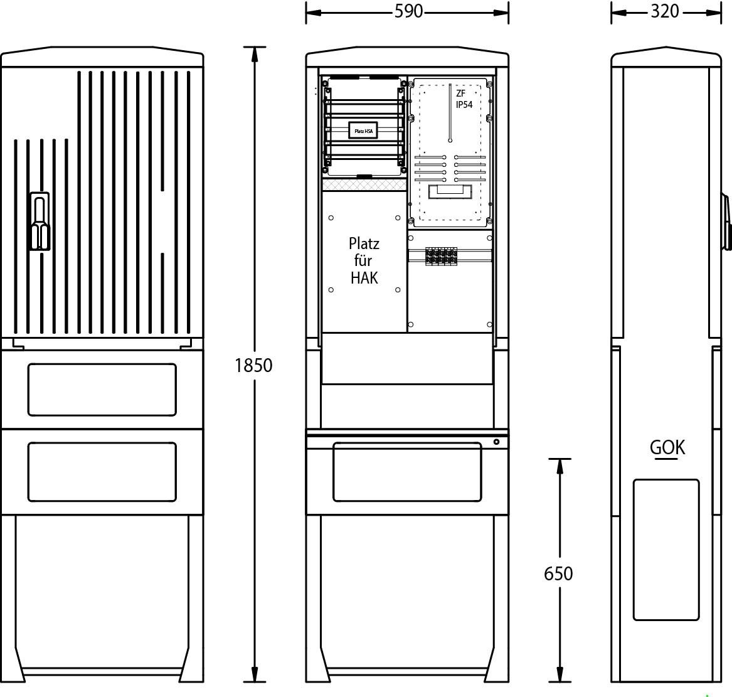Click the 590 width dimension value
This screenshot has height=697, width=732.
pyautogui.click(x=408, y=11)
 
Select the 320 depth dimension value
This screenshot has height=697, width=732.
pyautogui.click(x=665, y=11)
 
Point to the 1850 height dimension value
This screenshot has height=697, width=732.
pyautogui.click(x=253, y=365)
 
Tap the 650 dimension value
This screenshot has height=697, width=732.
pyautogui.click(x=558, y=573)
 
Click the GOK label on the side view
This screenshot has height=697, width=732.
pyautogui.click(x=667, y=447)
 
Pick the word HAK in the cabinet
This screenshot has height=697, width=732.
pyautogui.click(x=364, y=279)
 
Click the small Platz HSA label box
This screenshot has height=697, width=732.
pyautogui.click(x=363, y=130)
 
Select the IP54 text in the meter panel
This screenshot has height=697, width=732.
pyautogui.click(x=464, y=105)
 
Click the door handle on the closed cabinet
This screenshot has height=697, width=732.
pyautogui.click(x=40, y=221)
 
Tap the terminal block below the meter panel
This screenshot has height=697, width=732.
pyautogui.click(x=441, y=257)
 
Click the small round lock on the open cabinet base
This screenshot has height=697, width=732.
pyautogui.click(x=496, y=442)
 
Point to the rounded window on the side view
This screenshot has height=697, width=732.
pyautogui.click(x=666, y=550)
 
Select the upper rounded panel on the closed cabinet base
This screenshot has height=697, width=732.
pyautogui.click(x=102, y=390)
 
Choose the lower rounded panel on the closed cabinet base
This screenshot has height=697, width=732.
pyautogui.click(x=102, y=472)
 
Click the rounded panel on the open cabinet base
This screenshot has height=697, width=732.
pyautogui.click(x=407, y=472)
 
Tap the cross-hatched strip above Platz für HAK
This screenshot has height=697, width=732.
pyautogui.click(x=364, y=185)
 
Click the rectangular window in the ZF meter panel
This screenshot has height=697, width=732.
pyautogui.click(x=450, y=191)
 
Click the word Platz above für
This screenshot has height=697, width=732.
pyautogui.click(x=364, y=243)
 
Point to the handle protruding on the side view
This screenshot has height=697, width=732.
pyautogui.click(x=726, y=222)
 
